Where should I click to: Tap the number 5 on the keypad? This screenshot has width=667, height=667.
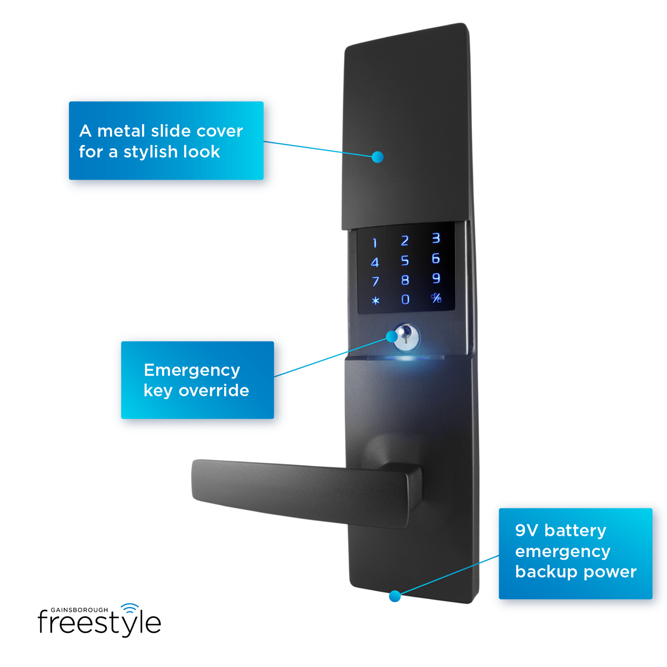coord(404,261)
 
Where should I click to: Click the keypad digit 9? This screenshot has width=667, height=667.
coord(436,278)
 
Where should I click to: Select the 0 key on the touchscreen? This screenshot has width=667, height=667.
coord(405,299)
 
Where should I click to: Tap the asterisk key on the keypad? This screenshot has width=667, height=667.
coord(375,301)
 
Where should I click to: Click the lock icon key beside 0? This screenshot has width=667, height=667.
coord(436,298)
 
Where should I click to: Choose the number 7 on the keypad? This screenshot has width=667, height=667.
coord(375,281)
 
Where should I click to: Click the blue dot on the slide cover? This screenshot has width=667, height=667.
coord(377,157)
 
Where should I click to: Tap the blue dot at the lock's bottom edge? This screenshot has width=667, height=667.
coord(394,596)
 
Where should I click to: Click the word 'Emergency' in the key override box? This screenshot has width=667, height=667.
coord(192,370)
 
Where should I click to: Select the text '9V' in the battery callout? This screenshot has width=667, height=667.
coord(526,531)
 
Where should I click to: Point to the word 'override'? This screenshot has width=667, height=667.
coord(213,391)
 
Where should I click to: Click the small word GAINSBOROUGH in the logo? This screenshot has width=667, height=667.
coord(79,610)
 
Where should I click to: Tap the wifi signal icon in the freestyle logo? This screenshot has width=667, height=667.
coord(130,608)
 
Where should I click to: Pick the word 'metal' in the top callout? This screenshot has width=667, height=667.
coord(121,131)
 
